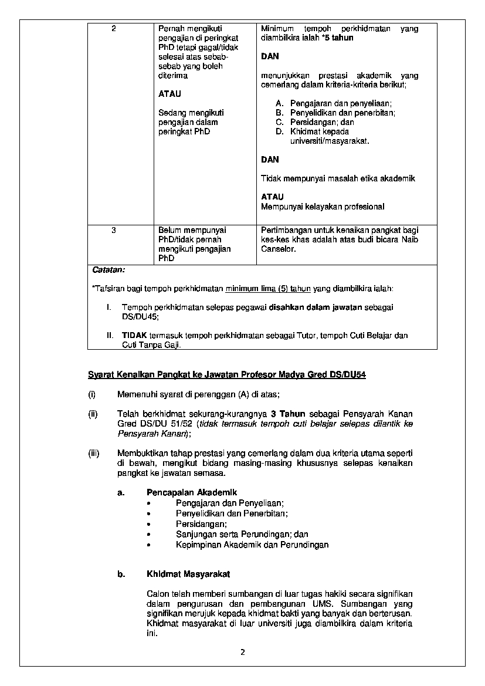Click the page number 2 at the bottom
click(242, 653)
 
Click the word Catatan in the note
click(108, 270)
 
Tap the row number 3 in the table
click(114, 230)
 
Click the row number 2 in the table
click(114, 28)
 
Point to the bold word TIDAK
click(134, 336)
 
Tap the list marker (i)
click(92, 394)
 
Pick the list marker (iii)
click(94, 454)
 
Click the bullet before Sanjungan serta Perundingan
click(151, 535)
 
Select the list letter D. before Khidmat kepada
click(279, 131)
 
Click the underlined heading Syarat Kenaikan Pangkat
click(226, 374)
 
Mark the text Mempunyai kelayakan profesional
click(323, 207)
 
